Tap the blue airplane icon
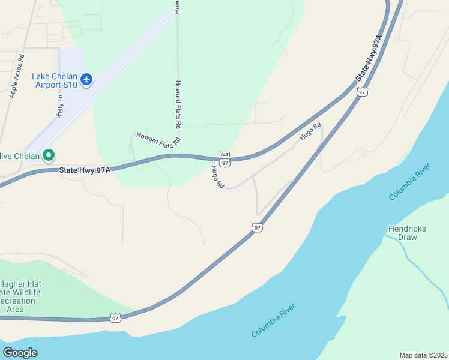point(86,79)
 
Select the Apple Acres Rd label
point(16,76)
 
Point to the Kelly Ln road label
point(60,106)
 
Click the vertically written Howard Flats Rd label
point(178,105)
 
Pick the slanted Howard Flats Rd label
point(158,139)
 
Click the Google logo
point(20,353)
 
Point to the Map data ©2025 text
point(423,355)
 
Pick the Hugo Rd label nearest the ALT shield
point(217,177)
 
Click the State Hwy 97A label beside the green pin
point(85,170)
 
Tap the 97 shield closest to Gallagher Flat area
point(115,317)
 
